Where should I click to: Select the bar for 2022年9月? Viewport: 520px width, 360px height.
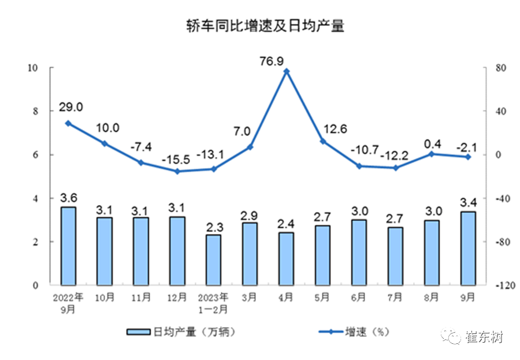click(68, 246)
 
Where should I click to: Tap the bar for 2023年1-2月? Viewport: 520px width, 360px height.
click(213, 259)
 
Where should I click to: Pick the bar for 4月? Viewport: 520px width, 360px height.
click(286, 258)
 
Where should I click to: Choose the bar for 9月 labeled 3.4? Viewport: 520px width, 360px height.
click(467, 248)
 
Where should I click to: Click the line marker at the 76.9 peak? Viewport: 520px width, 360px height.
click(286, 71)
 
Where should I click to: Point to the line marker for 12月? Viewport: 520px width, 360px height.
click(177, 172)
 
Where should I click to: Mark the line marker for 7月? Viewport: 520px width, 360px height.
click(395, 168)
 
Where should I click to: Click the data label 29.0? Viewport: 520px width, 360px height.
click(70, 107)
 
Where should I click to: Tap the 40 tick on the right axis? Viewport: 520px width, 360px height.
click(497, 111)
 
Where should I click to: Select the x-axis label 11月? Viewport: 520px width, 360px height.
click(140, 298)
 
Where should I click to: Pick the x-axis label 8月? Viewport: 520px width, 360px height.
click(431, 298)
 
